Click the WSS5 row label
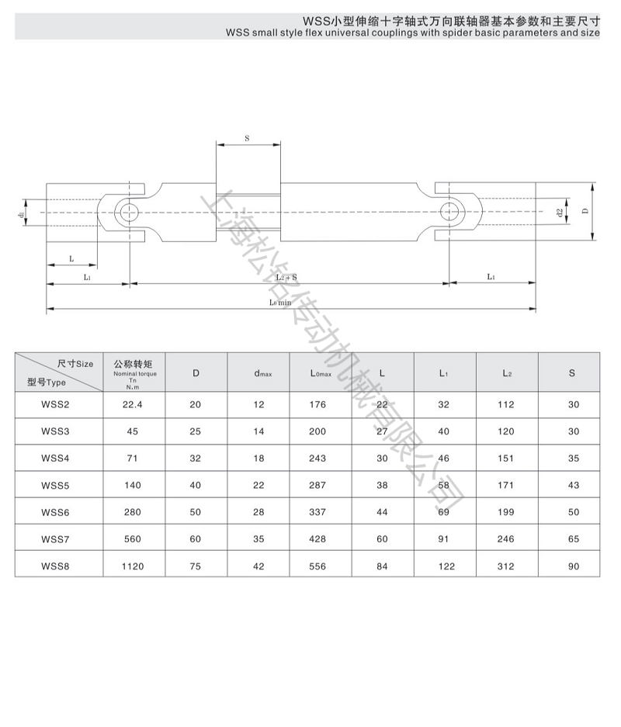[55, 486]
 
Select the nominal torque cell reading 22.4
[133, 405]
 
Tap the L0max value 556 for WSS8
[317, 566]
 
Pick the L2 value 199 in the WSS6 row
[506, 512]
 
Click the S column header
[572, 373]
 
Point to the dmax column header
[263, 373]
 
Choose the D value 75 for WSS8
[196, 566]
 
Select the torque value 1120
[133, 566]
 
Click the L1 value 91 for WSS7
[444, 539]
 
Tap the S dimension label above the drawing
[247, 138]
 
